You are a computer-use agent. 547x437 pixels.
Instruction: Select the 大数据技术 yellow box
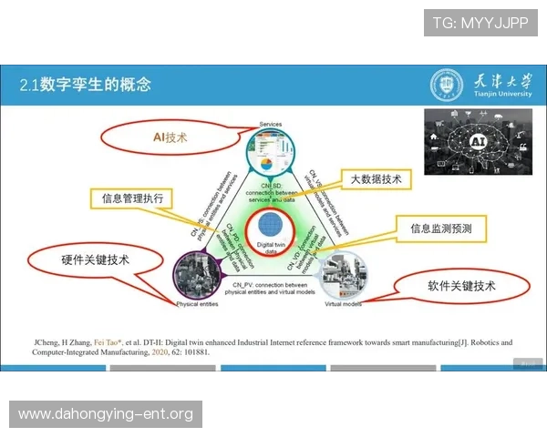[x=376, y=179]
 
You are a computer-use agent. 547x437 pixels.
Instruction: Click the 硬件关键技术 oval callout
[x=95, y=259]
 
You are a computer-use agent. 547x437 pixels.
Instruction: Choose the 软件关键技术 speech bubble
[x=460, y=286]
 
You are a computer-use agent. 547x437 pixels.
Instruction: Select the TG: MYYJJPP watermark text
[x=480, y=23]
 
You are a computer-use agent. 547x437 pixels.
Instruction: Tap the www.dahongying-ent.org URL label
[x=106, y=414]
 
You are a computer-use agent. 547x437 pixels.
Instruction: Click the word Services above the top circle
[x=271, y=124]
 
